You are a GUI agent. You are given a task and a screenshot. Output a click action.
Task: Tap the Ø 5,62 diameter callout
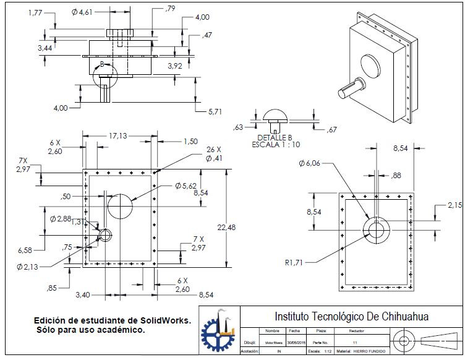pyautogui.click(x=186, y=186)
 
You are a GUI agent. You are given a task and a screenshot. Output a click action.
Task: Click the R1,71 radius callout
pyautogui.click(x=297, y=262)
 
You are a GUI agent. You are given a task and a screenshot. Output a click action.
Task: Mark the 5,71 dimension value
pyautogui.click(x=215, y=111)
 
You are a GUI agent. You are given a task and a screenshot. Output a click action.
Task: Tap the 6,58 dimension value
pyautogui.click(x=25, y=250)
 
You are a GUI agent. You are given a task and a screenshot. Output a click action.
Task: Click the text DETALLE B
pyautogui.click(x=273, y=137)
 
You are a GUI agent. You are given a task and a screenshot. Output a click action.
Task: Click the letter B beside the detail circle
pyautogui.click(x=102, y=64)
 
